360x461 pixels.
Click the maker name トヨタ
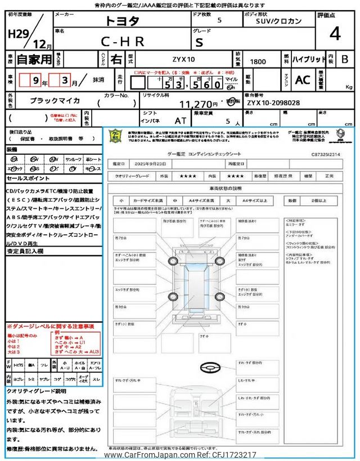(x=121, y=22)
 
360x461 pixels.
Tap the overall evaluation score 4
(x=335, y=34)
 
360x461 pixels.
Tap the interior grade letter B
(x=345, y=59)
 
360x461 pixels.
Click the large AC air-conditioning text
(x=303, y=80)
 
